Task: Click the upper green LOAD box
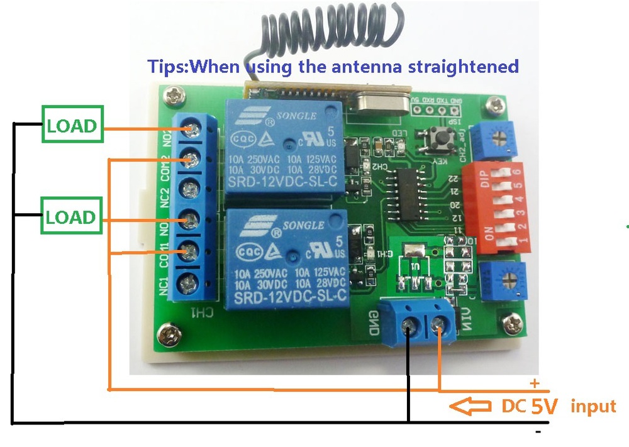tap(71, 125)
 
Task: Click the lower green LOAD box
tap(71, 217)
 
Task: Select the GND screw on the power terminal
tap(409, 324)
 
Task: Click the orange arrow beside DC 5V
tap(471, 406)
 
